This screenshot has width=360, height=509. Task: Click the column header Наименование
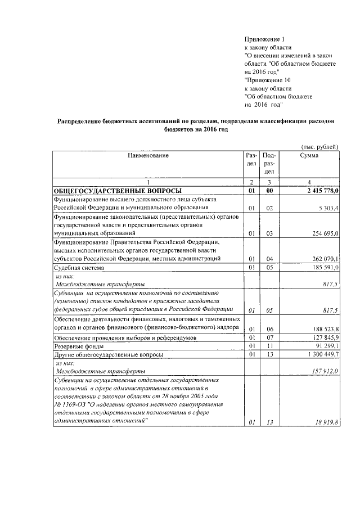(148, 155)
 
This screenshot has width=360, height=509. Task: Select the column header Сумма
(309, 155)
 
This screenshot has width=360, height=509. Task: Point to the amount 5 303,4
(326, 208)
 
